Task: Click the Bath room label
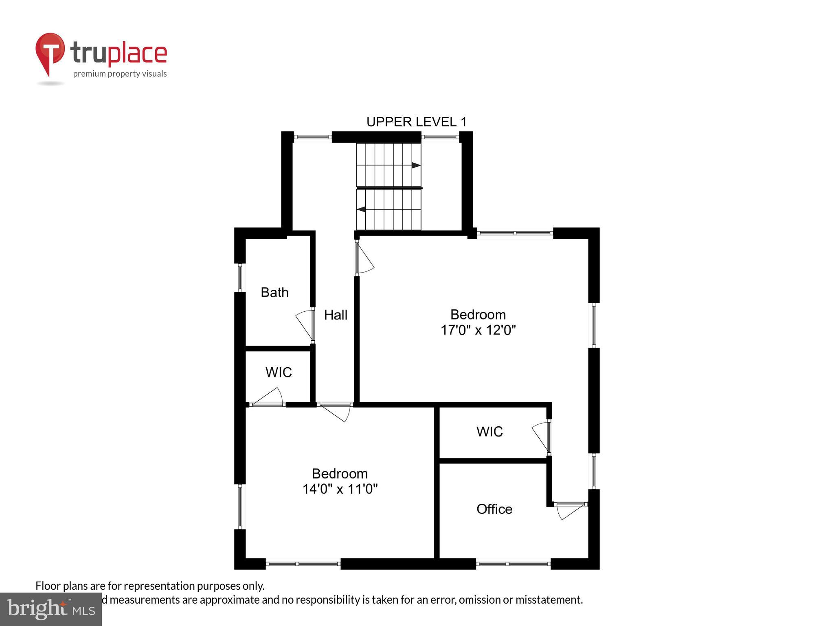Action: (274, 292)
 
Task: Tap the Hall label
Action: (336, 315)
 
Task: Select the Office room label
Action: (494, 509)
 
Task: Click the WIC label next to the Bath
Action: (279, 372)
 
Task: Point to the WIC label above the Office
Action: (489, 432)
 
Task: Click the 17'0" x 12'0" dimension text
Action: (478, 330)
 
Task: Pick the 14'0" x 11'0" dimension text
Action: (340, 489)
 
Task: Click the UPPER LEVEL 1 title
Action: (416, 122)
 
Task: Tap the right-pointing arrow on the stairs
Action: (416, 165)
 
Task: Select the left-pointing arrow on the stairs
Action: (361, 209)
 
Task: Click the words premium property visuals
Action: (120, 74)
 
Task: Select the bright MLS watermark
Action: (51, 609)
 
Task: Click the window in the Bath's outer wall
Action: (240, 278)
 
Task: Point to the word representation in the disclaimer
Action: (160, 586)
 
